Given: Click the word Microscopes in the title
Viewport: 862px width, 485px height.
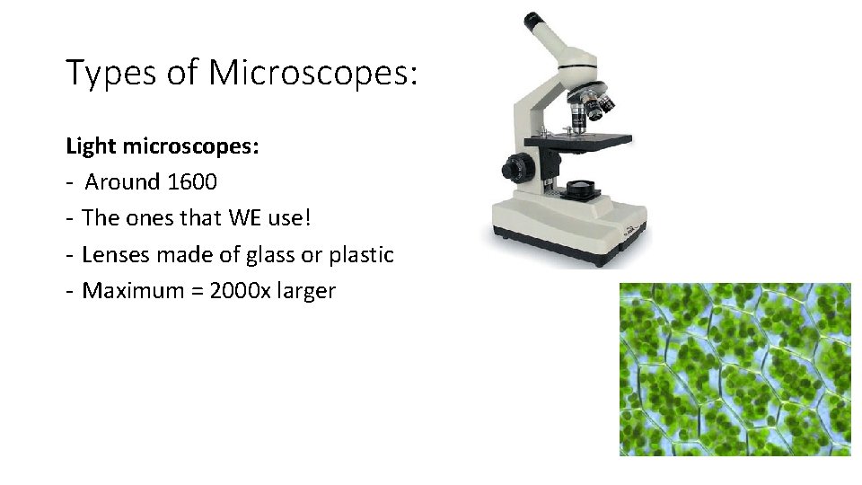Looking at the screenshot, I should [x=313, y=73].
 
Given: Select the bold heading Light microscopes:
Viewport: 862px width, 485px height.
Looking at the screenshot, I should [x=163, y=145].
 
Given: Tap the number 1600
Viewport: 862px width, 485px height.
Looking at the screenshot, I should [x=191, y=182].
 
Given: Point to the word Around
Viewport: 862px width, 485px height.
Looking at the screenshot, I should [x=122, y=182].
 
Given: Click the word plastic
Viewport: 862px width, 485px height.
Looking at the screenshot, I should [x=361, y=255].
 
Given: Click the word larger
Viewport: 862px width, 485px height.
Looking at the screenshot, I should [x=307, y=292].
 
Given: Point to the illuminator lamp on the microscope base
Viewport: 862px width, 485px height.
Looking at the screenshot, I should [x=581, y=187].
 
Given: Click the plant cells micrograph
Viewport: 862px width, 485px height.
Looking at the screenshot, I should [x=734, y=369].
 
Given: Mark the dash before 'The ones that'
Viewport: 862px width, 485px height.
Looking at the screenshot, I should [x=69, y=219].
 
